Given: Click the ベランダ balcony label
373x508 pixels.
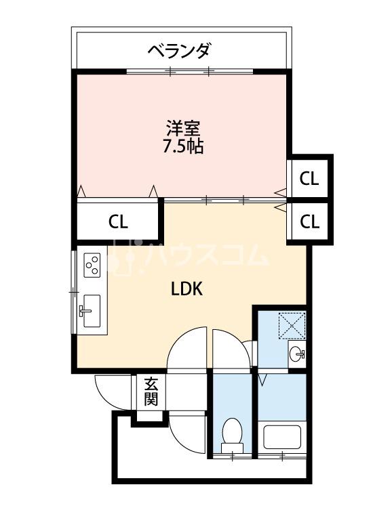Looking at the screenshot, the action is click(178, 51).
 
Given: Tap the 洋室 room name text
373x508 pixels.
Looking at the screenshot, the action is click(183, 129).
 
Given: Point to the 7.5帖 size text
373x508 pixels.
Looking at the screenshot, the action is click(183, 146).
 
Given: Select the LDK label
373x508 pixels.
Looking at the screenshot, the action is click(186, 289).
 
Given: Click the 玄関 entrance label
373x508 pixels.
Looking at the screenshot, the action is click(151, 392).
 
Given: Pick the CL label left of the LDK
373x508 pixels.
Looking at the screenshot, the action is click(118, 222).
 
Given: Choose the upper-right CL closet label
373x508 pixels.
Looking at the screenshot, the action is click(309, 179).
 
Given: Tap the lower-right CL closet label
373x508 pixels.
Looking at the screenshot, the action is click(309, 222).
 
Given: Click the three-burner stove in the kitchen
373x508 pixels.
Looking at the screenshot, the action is click(92, 265).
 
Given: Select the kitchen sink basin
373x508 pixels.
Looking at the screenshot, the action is click(92, 311).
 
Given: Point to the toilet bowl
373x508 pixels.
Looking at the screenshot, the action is click(232, 435).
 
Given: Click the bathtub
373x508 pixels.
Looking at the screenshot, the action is click(283, 437).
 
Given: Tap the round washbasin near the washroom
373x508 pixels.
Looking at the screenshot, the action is click(297, 354).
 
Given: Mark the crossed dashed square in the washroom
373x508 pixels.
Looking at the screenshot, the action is click(292, 325).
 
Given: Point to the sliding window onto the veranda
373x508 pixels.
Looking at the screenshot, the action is click(189, 71).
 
